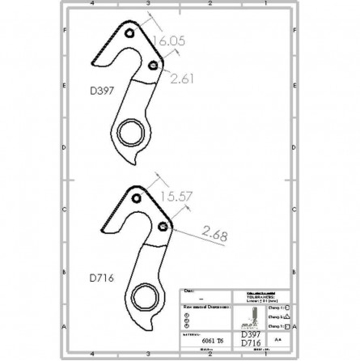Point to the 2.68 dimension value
tap(214, 235)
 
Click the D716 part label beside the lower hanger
tap(102, 277)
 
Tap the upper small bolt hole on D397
tap(129, 33)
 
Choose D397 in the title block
tap(252, 333)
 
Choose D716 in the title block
tap(252, 343)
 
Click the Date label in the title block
tap(188, 289)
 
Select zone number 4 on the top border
tap(93, 4)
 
